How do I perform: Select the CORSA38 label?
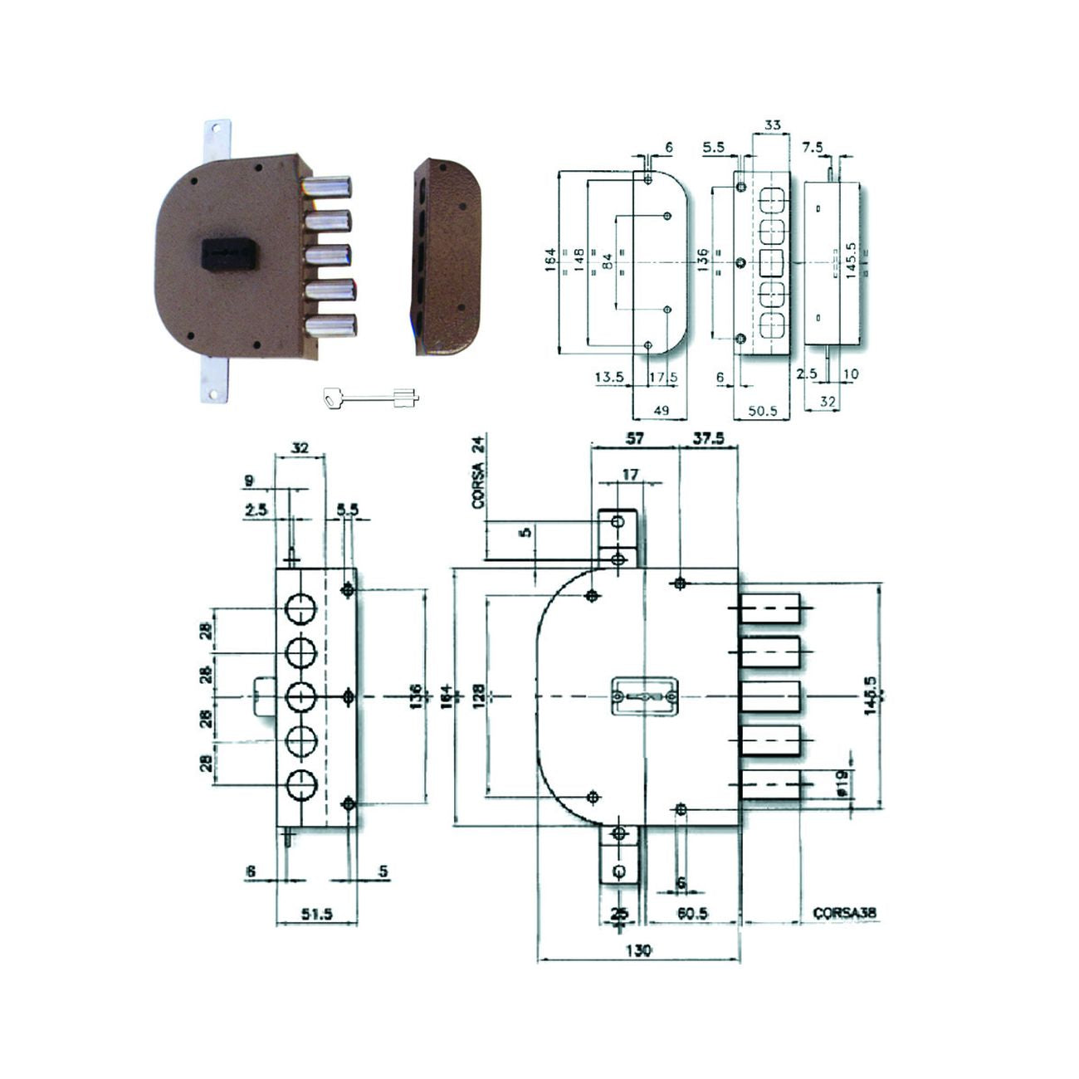point(845,913)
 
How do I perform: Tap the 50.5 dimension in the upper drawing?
point(761,410)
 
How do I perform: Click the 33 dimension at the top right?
point(771,126)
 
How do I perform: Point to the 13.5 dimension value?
point(609,377)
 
